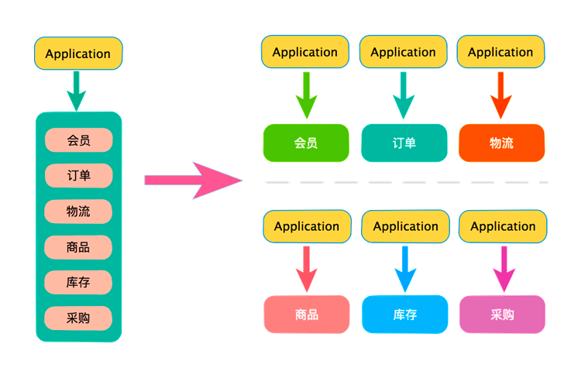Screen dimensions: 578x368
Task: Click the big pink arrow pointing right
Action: pos(194,181)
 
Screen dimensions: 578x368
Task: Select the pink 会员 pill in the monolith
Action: pos(78,140)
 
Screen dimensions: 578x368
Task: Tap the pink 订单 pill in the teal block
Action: pos(78,176)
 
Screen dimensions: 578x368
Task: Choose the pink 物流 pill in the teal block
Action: pos(78,212)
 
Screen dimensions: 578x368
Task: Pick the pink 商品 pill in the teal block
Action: pos(78,247)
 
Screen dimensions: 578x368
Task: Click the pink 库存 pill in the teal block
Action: pos(78,283)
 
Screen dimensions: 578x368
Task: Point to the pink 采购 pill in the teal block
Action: pos(78,318)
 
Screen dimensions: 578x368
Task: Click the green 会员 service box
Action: pos(306,143)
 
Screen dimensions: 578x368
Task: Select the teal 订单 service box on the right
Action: pos(404,143)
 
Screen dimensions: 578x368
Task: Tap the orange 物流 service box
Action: pos(502,143)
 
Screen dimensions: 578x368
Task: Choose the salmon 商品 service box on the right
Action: pos(307,315)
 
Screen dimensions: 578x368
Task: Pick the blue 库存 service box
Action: pos(404,315)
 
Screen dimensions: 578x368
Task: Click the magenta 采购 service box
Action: pos(502,315)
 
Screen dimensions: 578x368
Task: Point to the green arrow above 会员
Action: pos(306,95)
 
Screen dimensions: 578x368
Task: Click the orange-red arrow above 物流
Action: pos(501,95)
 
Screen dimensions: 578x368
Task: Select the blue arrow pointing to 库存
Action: pos(405,269)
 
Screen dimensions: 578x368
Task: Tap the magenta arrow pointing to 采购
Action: pos(504,269)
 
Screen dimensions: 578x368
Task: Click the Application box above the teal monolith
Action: pos(78,53)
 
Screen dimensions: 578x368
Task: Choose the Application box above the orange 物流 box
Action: pos(501,52)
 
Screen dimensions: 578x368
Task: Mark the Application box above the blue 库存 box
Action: pos(405,226)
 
